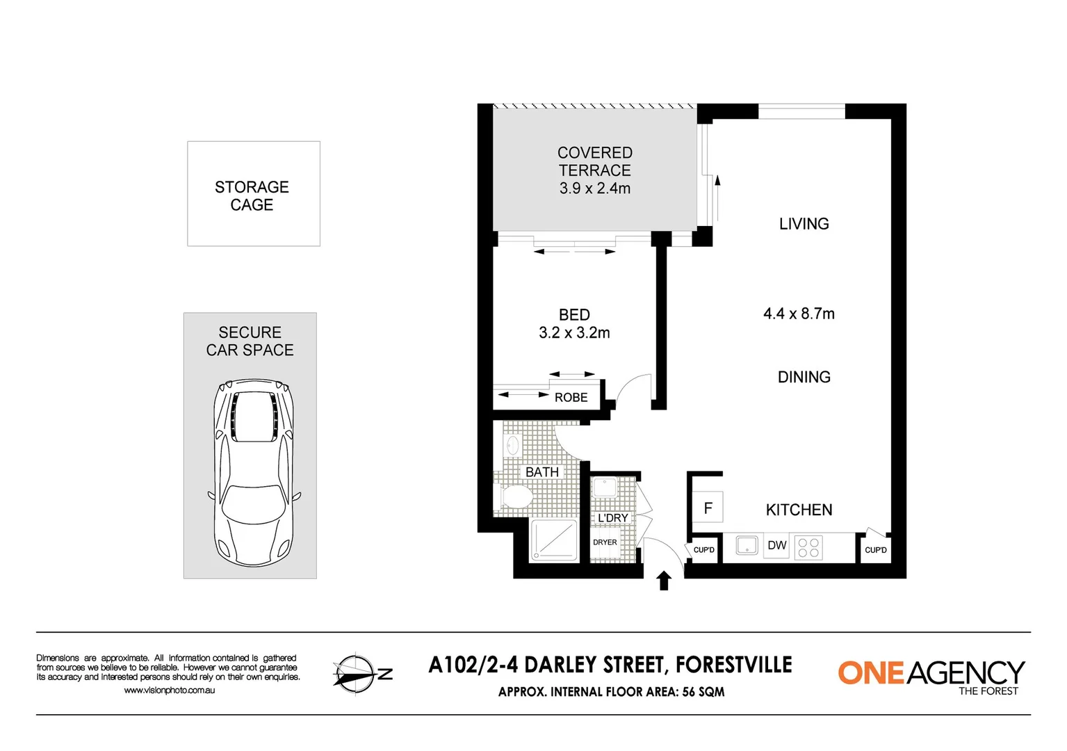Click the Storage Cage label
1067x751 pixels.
point(252,195)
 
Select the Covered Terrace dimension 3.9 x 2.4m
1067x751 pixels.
point(595,188)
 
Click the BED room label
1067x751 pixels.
point(574,315)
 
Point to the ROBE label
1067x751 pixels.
point(571,398)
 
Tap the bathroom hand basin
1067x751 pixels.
point(512,445)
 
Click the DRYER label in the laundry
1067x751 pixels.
point(605,542)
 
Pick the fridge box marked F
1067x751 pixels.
point(708,508)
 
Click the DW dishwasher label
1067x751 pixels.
point(776,545)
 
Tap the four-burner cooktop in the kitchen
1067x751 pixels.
point(808,547)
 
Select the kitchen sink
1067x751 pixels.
point(747,545)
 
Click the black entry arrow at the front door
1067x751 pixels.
point(664,581)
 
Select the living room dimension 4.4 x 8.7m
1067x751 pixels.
point(799,314)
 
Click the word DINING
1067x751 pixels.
point(804,377)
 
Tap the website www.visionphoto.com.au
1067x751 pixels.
point(169,691)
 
